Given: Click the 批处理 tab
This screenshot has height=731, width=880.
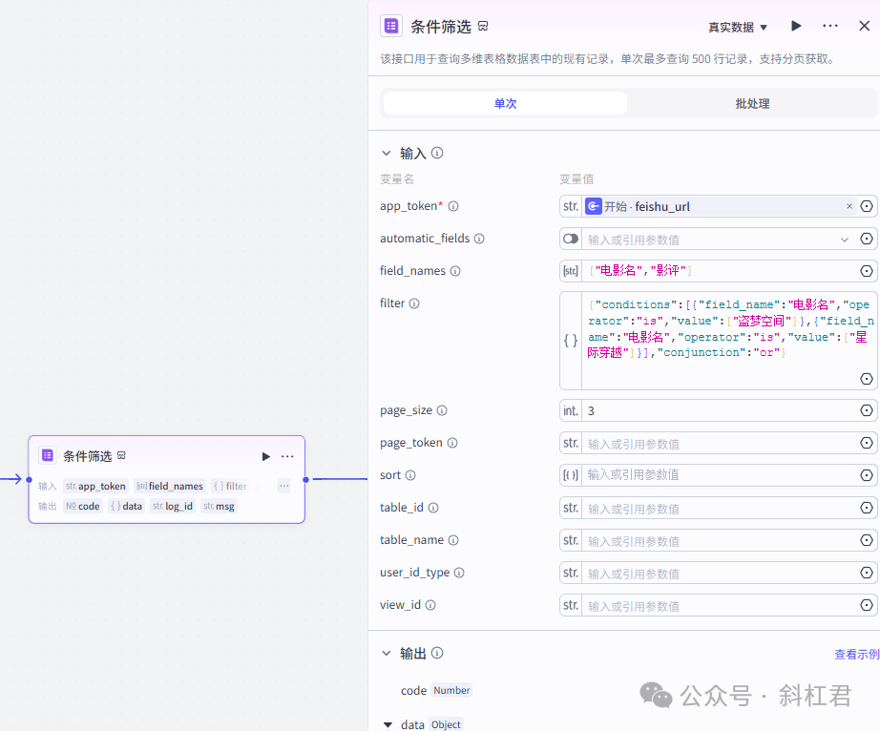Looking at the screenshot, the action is [x=752, y=103].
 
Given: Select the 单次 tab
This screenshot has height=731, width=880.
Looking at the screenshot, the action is [x=505, y=103].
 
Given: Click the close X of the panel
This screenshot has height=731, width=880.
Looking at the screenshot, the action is [x=864, y=26].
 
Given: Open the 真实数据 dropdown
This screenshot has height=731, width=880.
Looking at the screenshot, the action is [x=738, y=28].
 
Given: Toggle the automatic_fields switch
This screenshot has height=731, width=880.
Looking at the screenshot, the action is [x=571, y=239].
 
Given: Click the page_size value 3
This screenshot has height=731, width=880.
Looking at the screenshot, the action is [x=592, y=410].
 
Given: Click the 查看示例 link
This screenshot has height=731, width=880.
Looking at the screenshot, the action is [x=856, y=654].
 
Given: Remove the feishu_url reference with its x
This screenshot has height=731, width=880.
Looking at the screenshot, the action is [x=849, y=206].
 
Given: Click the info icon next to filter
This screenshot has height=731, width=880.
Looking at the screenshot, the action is [x=414, y=303].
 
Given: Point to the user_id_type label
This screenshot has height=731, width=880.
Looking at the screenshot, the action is [x=414, y=573].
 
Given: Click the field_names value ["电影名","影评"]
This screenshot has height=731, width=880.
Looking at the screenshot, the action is [x=639, y=271].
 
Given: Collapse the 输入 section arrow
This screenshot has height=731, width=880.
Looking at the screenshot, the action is [x=387, y=153].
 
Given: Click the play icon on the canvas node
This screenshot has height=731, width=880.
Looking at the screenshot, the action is [x=266, y=456].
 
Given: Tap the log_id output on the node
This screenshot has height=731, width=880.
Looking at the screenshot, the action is [x=178, y=507].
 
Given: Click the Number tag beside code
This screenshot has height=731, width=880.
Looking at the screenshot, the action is [x=451, y=690].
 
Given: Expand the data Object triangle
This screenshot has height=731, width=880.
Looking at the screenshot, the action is [x=388, y=725].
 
